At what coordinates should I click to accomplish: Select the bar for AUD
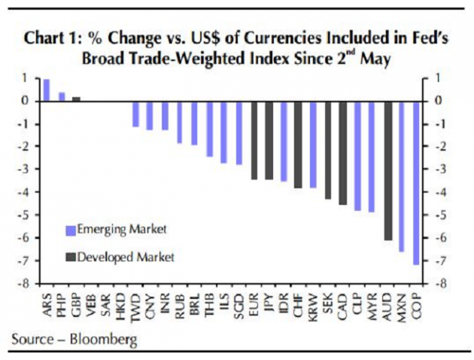point(387,170)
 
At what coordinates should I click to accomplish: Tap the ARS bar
point(47,90)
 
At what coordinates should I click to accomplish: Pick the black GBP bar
point(76,98)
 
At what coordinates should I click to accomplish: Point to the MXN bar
point(402,176)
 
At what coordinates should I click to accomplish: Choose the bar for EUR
point(254,140)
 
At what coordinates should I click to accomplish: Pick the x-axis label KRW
point(313,303)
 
